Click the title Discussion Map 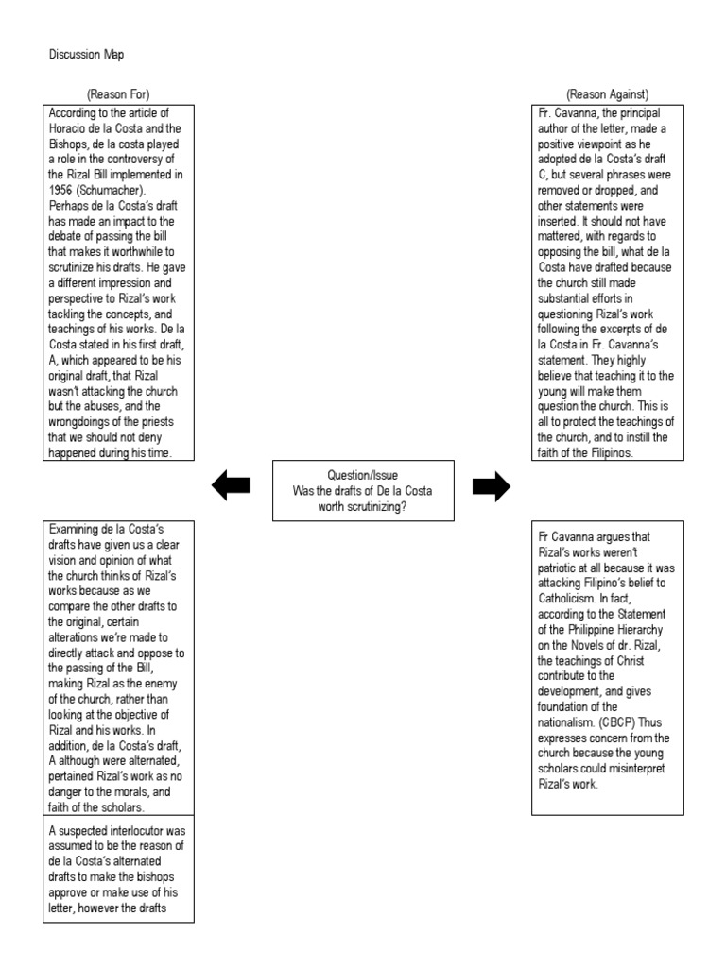(85, 56)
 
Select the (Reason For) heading (118, 93)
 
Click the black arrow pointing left (231, 485)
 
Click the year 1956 (62, 188)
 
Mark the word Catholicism (570, 599)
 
